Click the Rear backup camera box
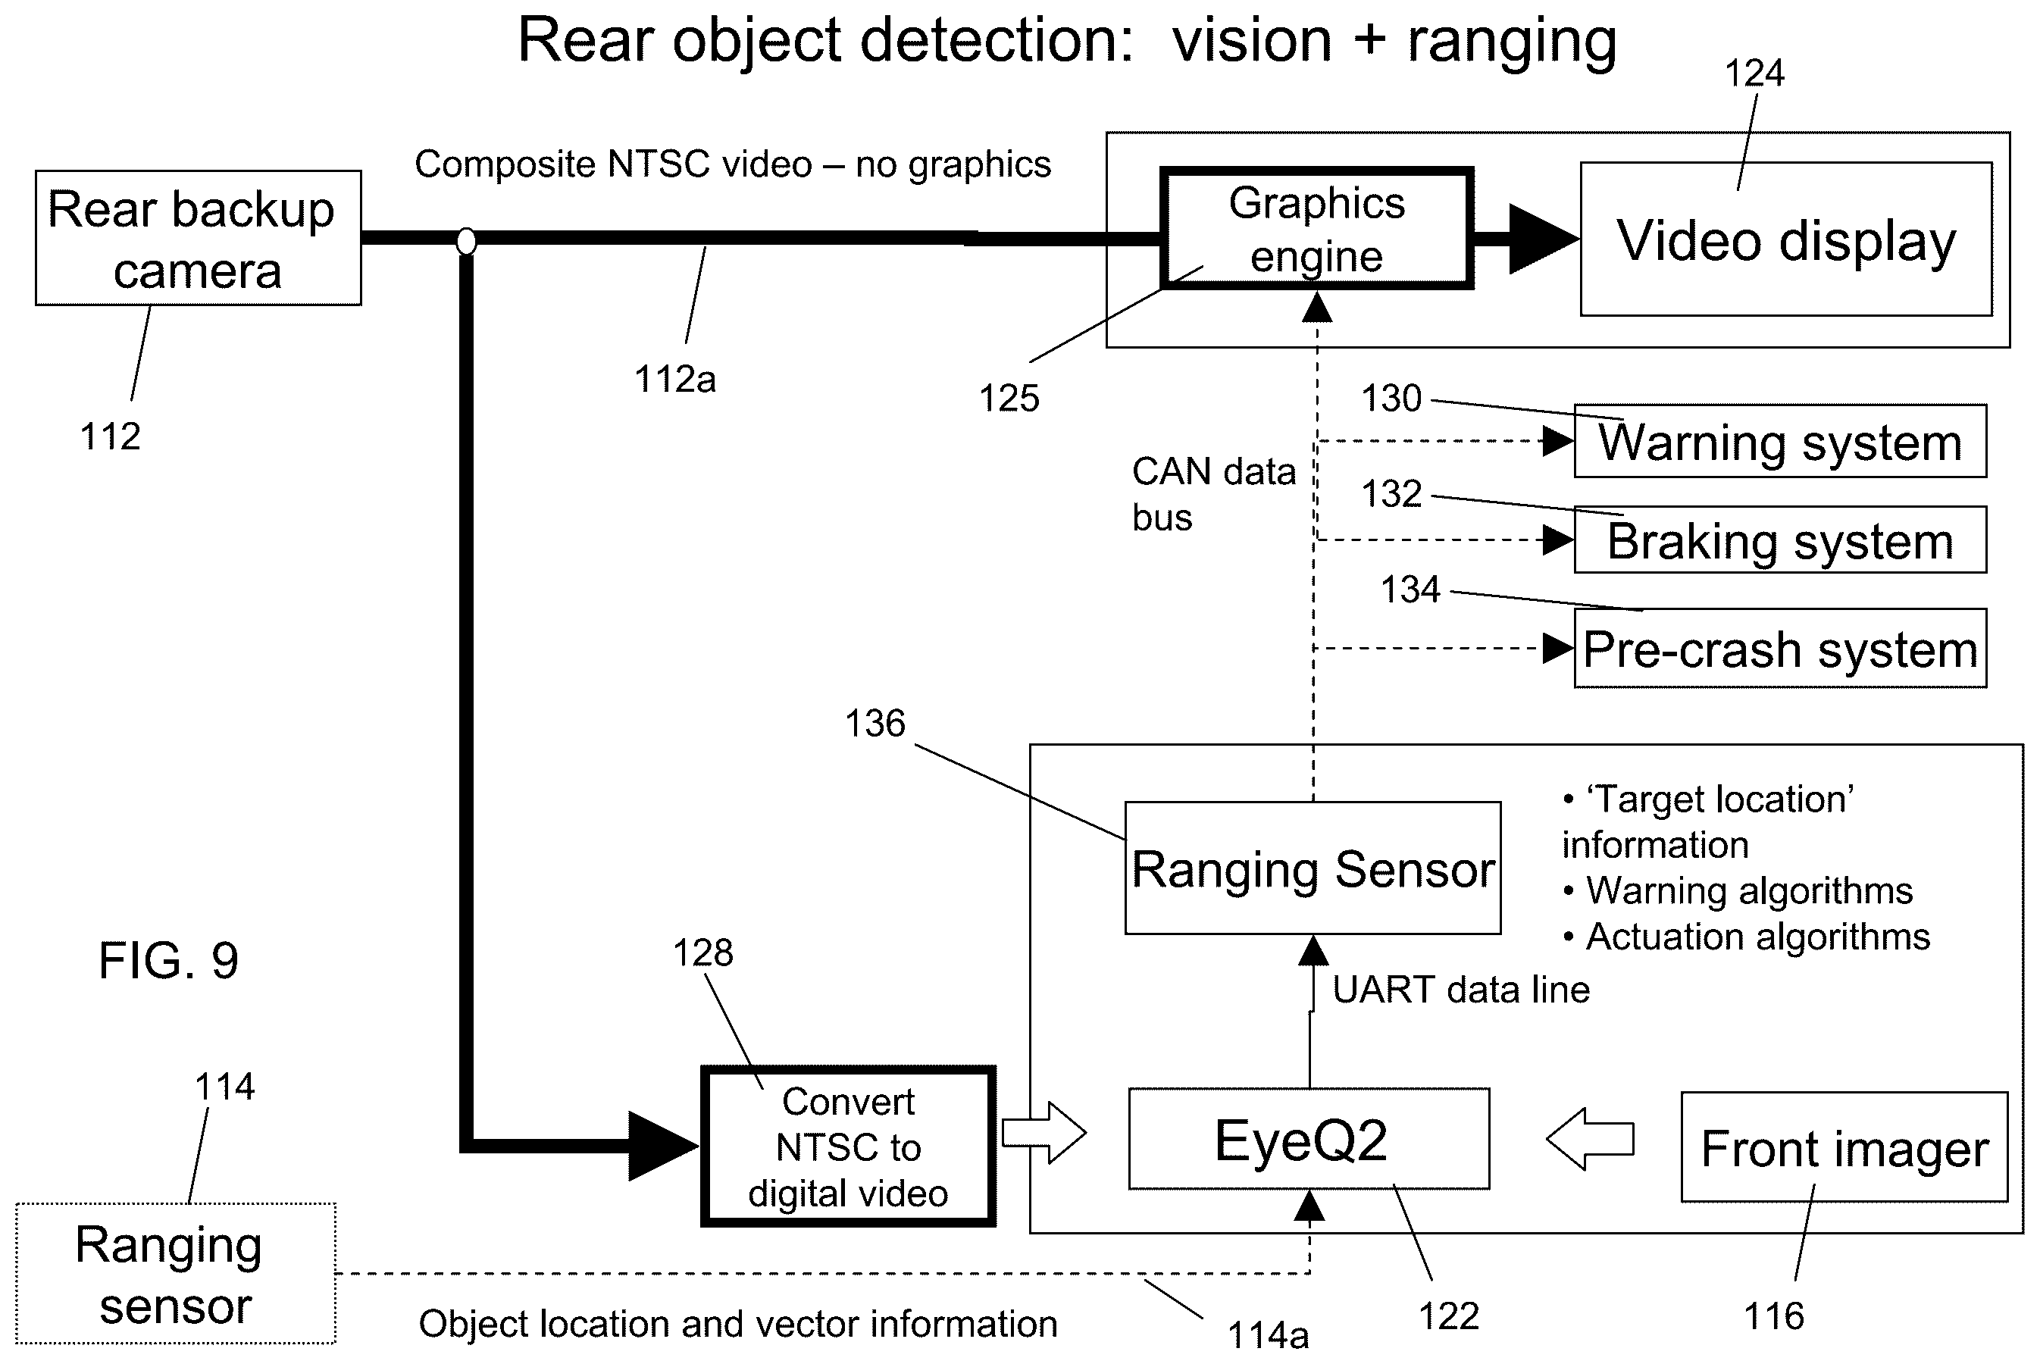(x=199, y=237)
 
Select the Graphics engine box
(x=1317, y=228)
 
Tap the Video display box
(x=1786, y=239)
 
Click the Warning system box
(x=1780, y=441)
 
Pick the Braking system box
(x=1780, y=540)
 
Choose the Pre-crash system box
(x=1780, y=649)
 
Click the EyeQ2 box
(x=1309, y=1139)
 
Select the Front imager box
(x=1844, y=1147)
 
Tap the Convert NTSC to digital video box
(x=848, y=1147)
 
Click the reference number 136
(x=875, y=723)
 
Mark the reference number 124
(x=1754, y=73)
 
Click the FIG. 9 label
(x=169, y=960)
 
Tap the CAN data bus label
(x=1213, y=494)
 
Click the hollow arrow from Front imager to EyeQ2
(x=1590, y=1138)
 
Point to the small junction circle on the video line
(x=466, y=241)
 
